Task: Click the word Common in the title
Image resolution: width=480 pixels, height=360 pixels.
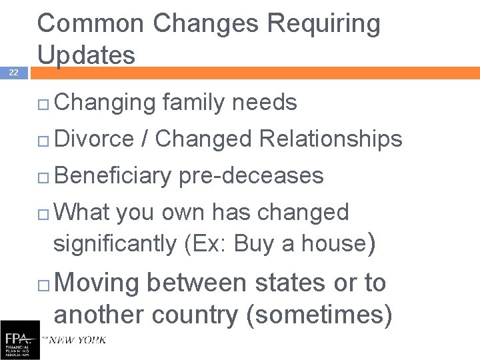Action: tap(91, 24)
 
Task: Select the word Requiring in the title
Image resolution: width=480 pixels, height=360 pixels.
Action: tap(323, 24)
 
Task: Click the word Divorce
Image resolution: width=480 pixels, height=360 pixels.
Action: tap(94, 139)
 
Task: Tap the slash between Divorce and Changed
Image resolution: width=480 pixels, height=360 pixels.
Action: tap(144, 139)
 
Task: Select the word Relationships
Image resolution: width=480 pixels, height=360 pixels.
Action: tap(330, 139)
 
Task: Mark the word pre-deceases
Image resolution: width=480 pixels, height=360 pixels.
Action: tap(251, 176)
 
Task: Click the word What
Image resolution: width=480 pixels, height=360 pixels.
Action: tap(83, 212)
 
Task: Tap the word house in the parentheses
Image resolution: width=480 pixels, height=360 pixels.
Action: tap(331, 243)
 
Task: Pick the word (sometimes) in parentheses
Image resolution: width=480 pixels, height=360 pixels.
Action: tap(319, 315)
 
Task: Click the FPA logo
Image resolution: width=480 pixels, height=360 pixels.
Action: tap(19, 340)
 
